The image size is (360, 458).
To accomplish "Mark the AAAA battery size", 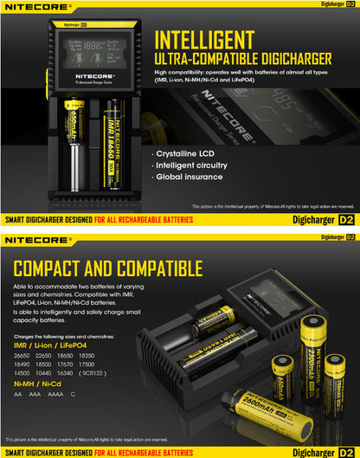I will [55, 393].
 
